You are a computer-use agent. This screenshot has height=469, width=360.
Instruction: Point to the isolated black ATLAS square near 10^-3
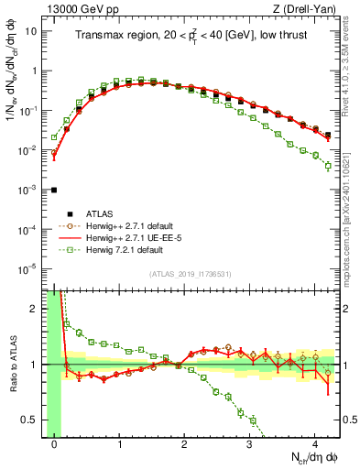(54, 190)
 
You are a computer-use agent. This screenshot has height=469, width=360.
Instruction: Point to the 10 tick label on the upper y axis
(32, 31)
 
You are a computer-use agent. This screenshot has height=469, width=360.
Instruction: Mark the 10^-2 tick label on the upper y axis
(30, 149)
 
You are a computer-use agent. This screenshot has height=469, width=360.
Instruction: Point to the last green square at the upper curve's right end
(328, 166)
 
